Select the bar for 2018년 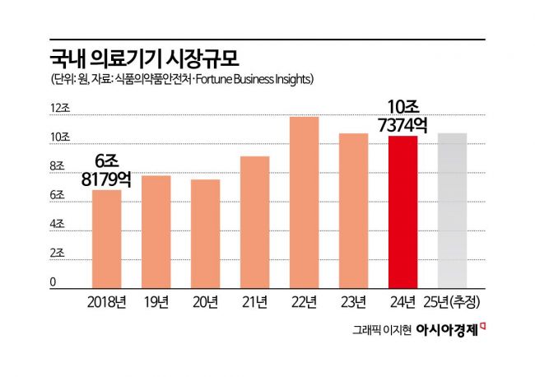tap(107, 237)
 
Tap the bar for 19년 tap(156, 230)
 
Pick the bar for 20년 tap(206, 233)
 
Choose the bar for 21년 tap(255, 221)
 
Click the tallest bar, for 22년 tap(305, 202)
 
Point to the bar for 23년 tap(354, 210)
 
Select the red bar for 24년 tap(403, 211)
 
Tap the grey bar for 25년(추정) tap(452, 209)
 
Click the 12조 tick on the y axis tap(61, 109)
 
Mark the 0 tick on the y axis tap(54, 282)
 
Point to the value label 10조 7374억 tap(403, 114)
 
